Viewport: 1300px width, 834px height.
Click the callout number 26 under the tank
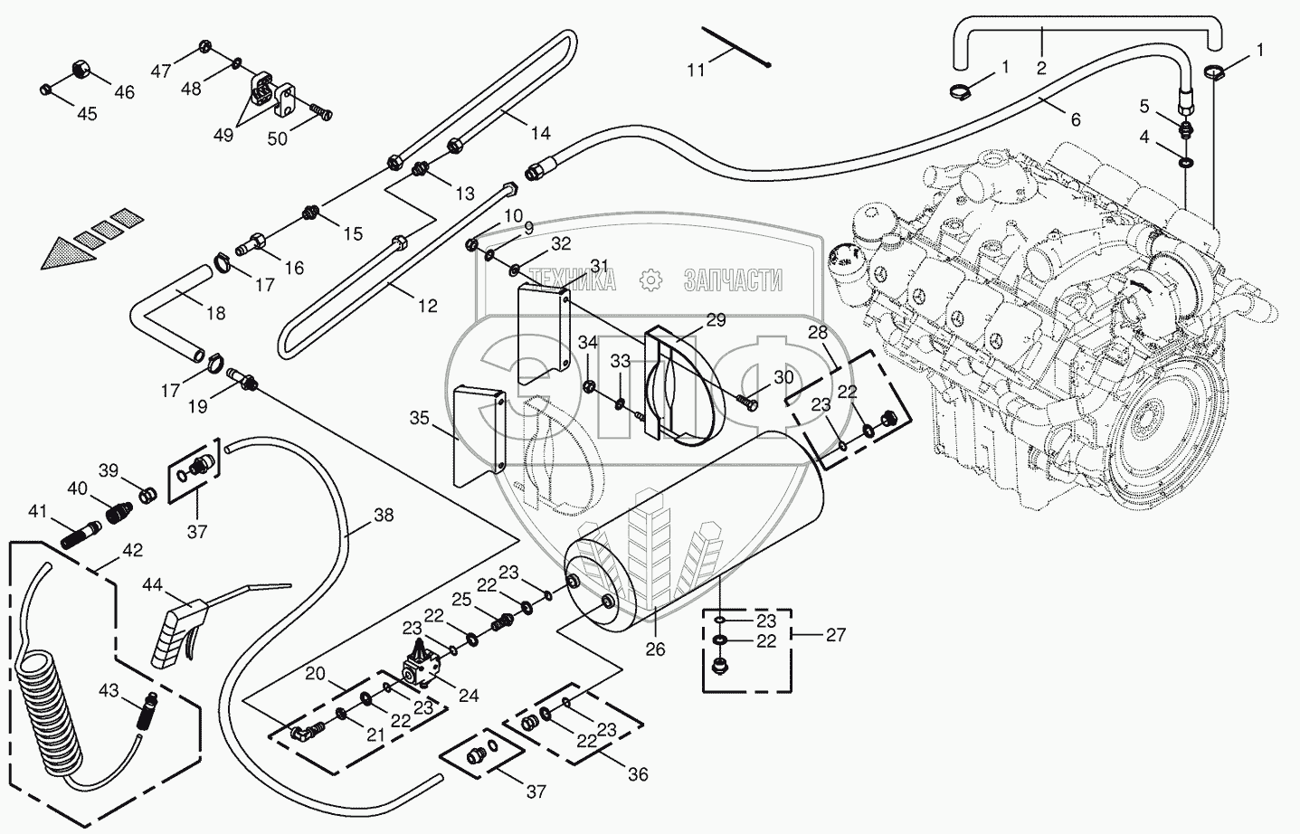tap(655, 649)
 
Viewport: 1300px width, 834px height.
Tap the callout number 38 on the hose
tap(384, 516)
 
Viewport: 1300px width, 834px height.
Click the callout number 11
tap(695, 69)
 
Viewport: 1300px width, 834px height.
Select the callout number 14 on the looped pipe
tap(540, 134)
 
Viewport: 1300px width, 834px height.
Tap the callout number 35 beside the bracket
tap(419, 418)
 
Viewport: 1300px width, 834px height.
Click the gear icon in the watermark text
tap(650, 280)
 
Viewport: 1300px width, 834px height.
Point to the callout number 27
tap(836, 635)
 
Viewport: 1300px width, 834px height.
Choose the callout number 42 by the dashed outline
tap(133, 550)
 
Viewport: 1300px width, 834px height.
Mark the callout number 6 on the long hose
tap(1075, 119)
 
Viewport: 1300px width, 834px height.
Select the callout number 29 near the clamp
tap(716, 319)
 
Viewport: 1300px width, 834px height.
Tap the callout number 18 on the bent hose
tap(215, 314)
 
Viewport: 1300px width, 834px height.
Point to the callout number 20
tap(315, 673)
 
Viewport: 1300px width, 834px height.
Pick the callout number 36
tap(639, 775)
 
